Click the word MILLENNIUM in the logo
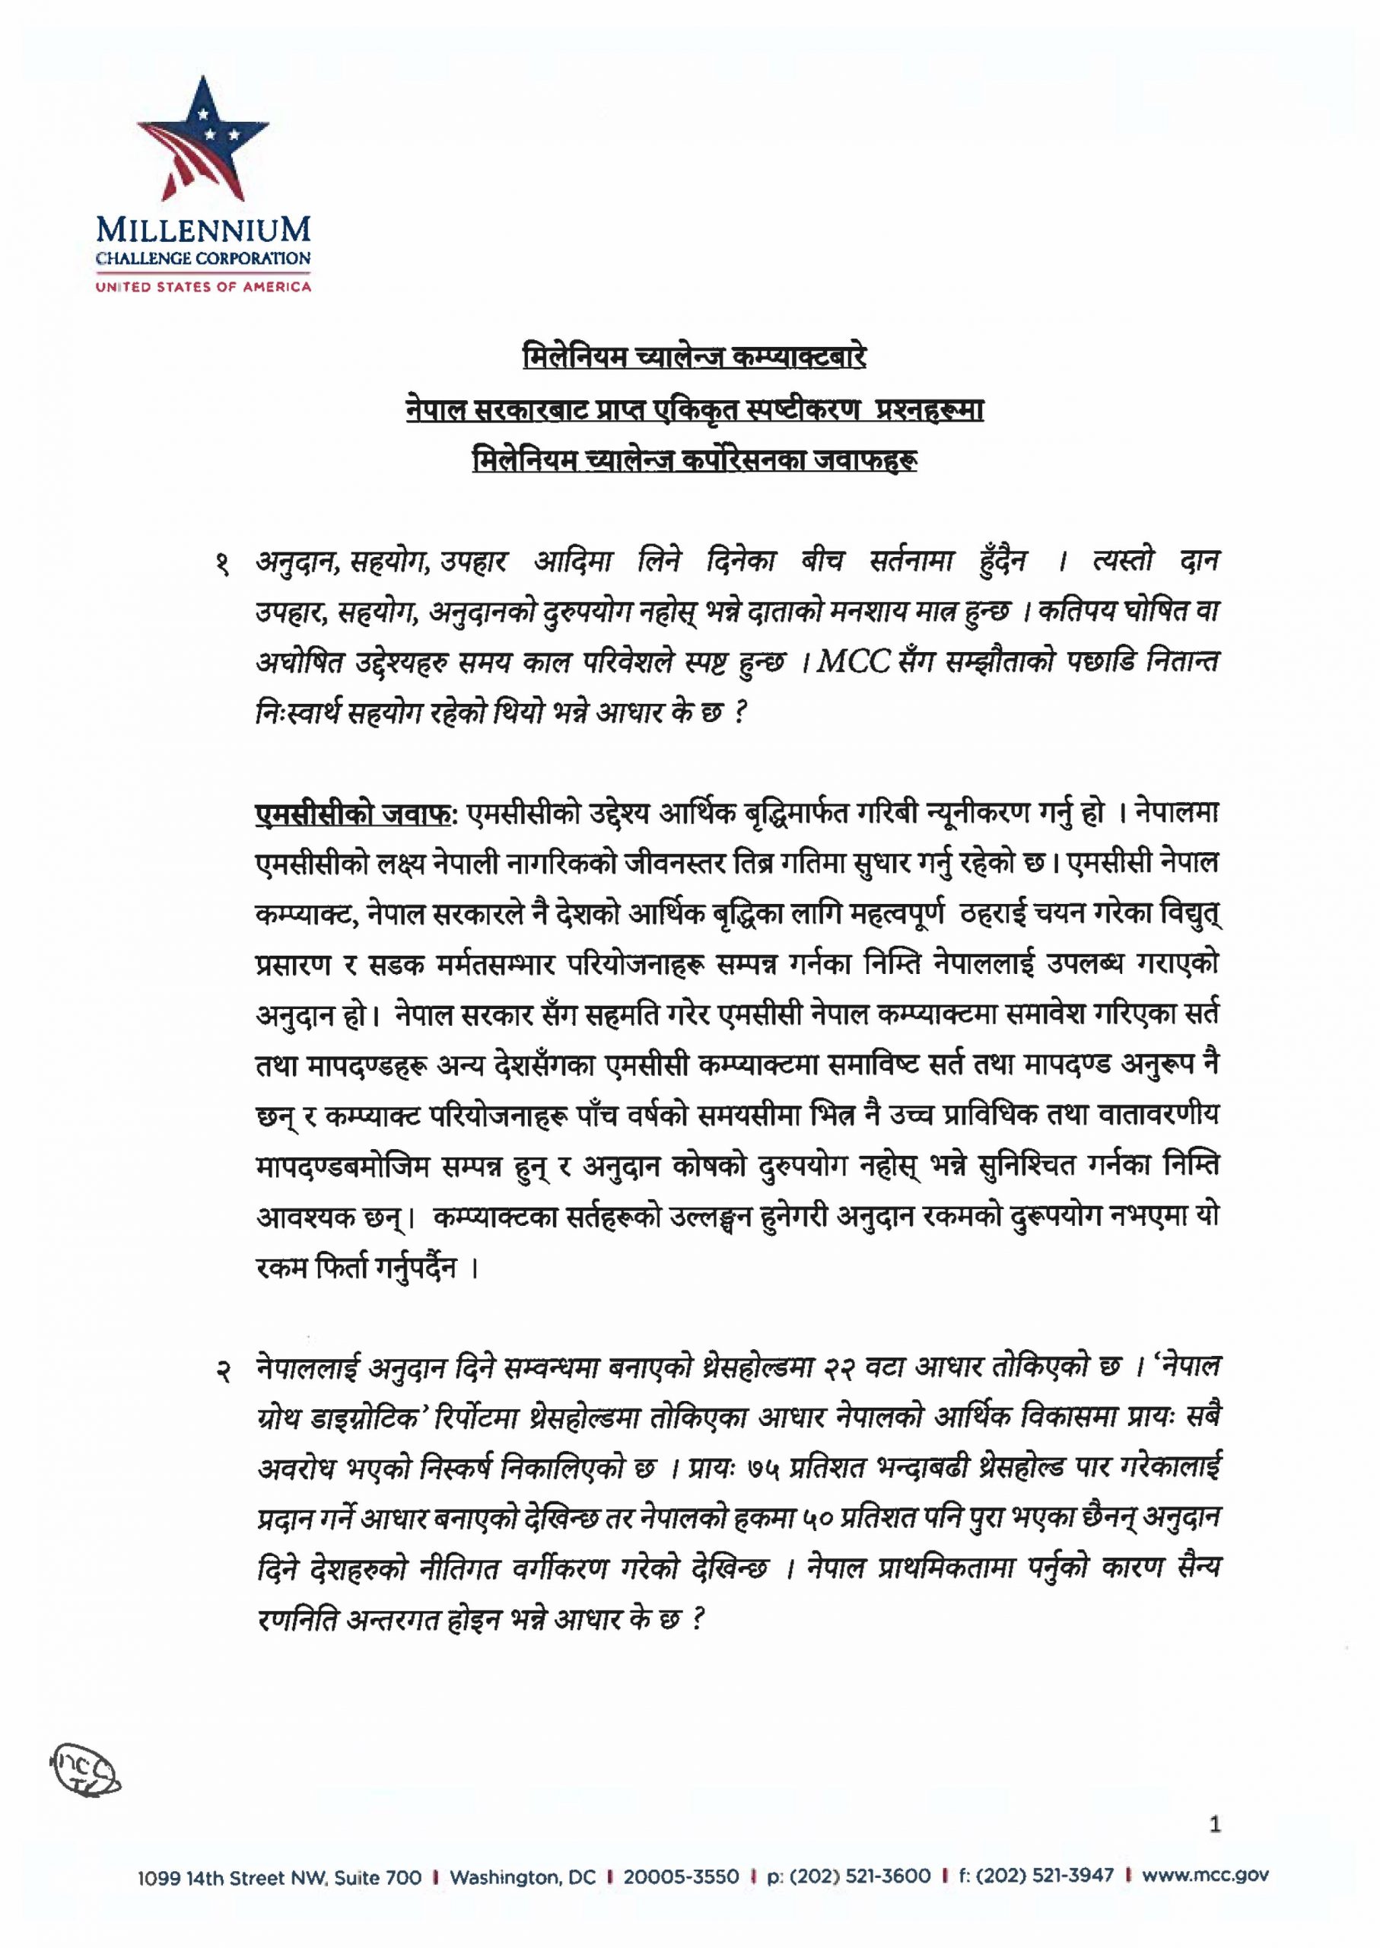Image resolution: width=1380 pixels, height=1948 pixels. (203, 231)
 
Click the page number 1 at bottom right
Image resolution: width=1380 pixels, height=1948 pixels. (1214, 1824)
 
